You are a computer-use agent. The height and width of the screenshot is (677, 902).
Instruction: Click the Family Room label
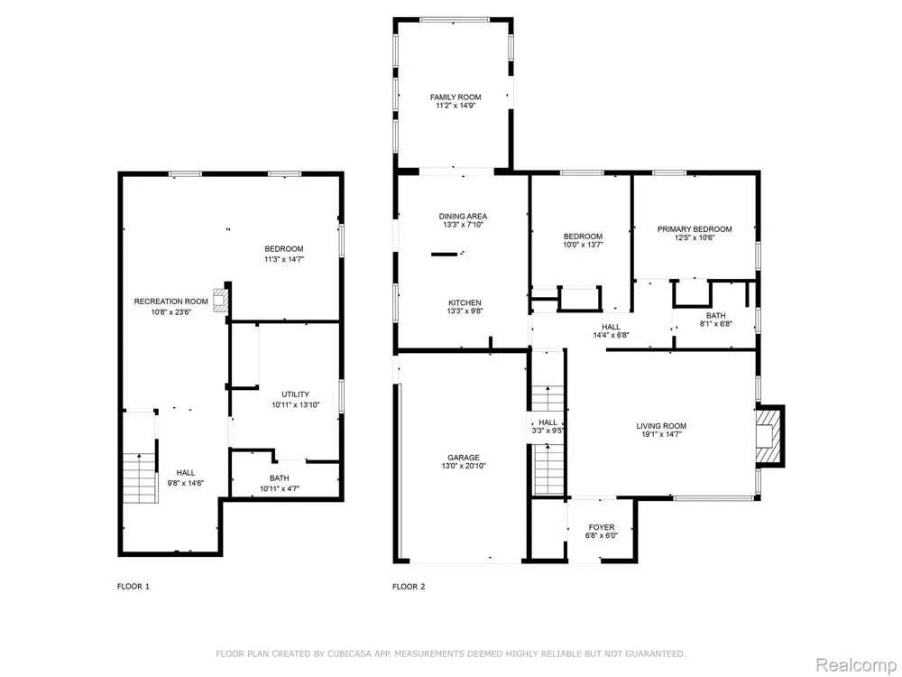[x=456, y=97]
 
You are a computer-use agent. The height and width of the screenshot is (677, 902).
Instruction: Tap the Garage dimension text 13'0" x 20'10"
[x=464, y=466]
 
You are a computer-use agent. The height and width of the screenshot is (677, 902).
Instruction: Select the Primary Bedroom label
[x=695, y=229]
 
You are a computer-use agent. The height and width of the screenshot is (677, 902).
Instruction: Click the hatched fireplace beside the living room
[x=769, y=435]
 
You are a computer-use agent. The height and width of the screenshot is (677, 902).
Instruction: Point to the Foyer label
[x=601, y=527]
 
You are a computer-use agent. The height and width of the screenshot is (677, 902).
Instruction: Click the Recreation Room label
[x=170, y=301]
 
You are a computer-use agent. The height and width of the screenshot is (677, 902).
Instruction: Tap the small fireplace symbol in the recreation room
[x=219, y=300]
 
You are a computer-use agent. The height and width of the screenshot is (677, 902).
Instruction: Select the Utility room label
[x=295, y=394]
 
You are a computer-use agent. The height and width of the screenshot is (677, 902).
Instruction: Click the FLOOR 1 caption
[x=133, y=587]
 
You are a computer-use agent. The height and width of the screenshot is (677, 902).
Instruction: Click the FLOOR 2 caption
[x=409, y=587]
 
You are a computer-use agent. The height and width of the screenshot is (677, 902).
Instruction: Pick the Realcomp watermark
[x=856, y=665]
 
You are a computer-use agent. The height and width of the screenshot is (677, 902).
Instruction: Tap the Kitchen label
[x=465, y=302]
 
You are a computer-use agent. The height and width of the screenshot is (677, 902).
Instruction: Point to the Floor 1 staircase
[x=140, y=478]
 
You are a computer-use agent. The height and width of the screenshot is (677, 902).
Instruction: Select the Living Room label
[x=661, y=426]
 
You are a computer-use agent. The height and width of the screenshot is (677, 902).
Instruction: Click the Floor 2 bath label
[x=715, y=315]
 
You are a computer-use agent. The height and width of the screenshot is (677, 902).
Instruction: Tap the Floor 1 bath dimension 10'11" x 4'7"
[x=280, y=489]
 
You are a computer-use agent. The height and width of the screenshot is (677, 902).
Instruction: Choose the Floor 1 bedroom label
[x=283, y=249]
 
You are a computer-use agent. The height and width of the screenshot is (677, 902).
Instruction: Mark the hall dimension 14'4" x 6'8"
[x=611, y=335]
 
